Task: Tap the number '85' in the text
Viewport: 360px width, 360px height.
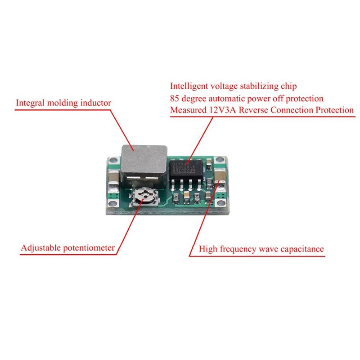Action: tap(175, 98)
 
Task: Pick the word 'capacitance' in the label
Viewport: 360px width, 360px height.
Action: tap(303, 248)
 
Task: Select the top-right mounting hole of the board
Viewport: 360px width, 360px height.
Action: tap(219, 159)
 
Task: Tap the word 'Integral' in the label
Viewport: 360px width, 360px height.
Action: tap(30, 103)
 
